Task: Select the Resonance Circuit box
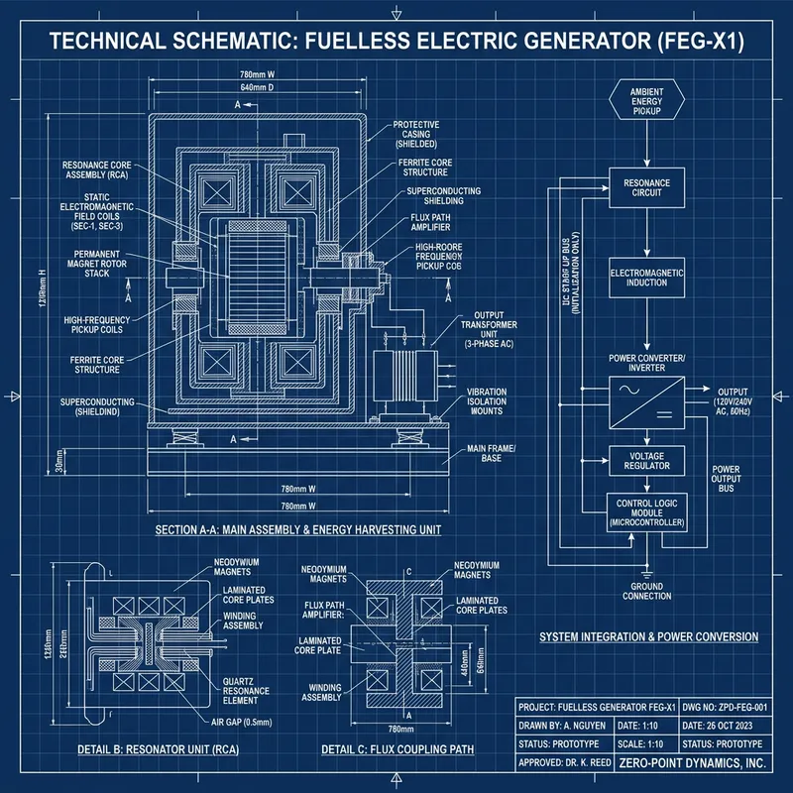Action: [646, 188]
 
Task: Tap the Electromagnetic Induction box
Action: [646, 277]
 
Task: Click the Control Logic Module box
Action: [646, 510]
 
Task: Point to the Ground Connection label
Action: [646, 591]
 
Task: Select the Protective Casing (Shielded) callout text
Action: [423, 134]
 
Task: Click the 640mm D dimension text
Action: [259, 89]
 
